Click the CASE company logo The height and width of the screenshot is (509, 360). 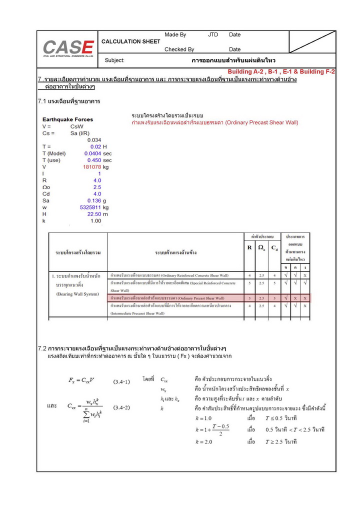68,48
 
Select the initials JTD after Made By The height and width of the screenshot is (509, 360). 213,35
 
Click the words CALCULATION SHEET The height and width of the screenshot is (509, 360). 130,41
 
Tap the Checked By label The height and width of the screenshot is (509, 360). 179,49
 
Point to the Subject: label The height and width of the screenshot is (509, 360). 114,60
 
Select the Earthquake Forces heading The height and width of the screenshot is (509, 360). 67,120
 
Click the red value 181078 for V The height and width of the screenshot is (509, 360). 91,167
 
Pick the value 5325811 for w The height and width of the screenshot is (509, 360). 90,207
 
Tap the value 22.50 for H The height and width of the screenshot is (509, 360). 94,214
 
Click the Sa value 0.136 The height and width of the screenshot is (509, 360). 94,200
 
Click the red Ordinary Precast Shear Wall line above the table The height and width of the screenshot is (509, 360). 214,122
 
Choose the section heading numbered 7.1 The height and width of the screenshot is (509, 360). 69,101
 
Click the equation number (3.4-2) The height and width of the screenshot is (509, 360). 120,407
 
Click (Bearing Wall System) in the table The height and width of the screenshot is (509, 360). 77,294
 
